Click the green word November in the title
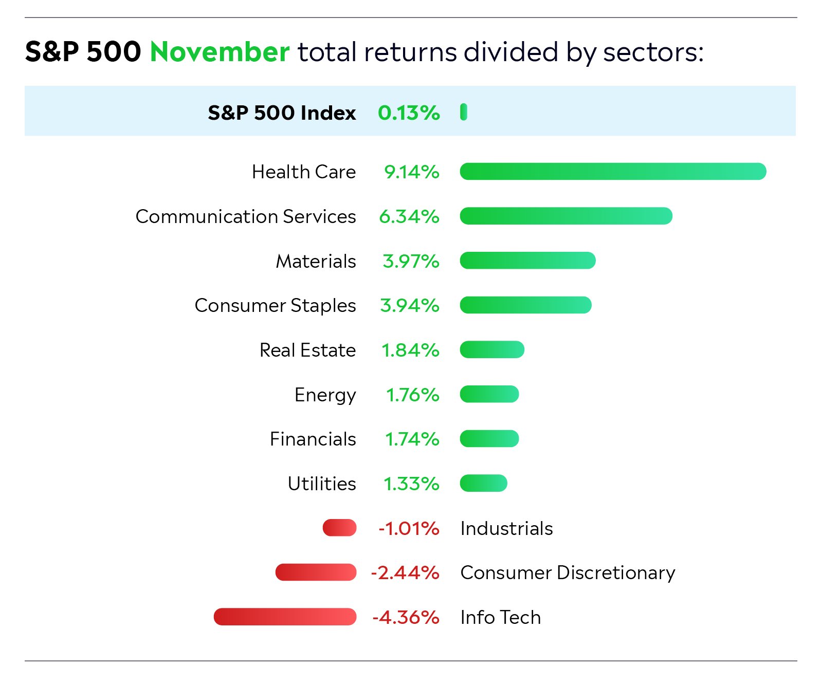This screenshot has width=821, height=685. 220,52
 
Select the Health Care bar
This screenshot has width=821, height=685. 612,172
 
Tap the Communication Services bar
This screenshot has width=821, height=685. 565,216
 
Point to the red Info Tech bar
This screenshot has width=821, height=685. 285,617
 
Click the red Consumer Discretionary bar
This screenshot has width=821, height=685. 316,572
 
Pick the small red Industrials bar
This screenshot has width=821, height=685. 339,528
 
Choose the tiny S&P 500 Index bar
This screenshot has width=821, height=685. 464,112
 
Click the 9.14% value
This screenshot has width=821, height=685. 411,172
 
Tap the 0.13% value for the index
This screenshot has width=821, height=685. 409,113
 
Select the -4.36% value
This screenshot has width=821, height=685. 406,617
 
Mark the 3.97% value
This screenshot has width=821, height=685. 411,261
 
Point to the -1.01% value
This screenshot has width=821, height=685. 409,528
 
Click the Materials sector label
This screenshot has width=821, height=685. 316,261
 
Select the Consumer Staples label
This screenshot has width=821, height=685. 275,306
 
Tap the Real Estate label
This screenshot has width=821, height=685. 307,350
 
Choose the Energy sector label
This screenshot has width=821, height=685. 325,395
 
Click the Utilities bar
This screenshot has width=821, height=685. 483,484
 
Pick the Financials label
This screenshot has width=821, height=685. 313,439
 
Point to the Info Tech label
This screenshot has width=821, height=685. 500,617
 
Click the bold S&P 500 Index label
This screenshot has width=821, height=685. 282,113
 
